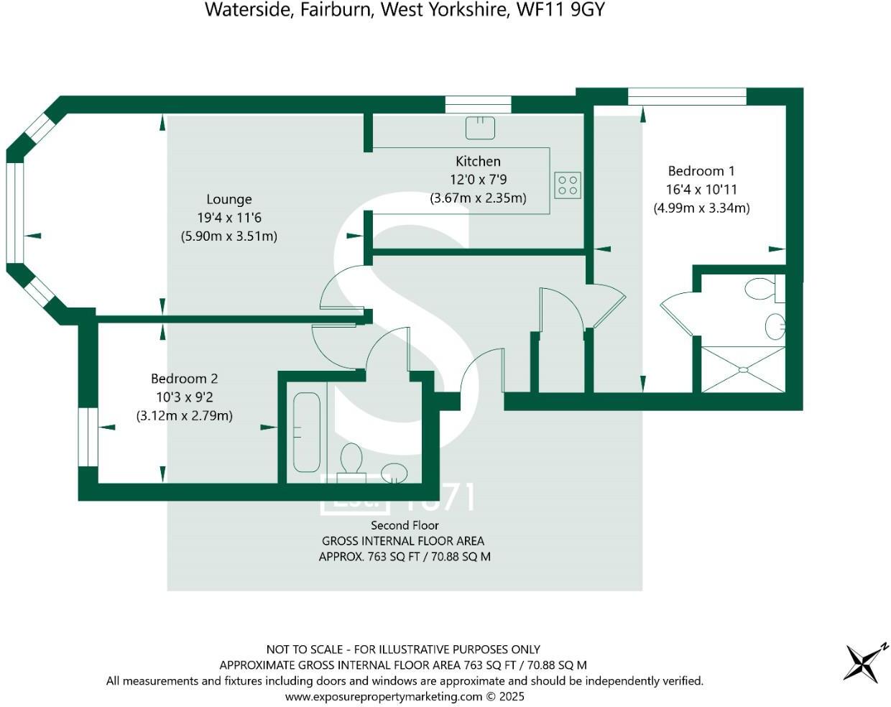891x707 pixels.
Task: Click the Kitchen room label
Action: pyautogui.click(x=478, y=162)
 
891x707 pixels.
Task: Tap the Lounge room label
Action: pyautogui.click(x=229, y=199)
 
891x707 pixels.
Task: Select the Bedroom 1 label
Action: pyautogui.click(x=701, y=171)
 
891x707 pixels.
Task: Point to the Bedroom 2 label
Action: pyautogui.click(x=184, y=379)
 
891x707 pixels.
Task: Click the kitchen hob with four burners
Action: pyautogui.click(x=568, y=185)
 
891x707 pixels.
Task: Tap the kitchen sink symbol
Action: pyautogui.click(x=480, y=128)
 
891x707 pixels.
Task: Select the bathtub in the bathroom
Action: pyautogui.click(x=307, y=432)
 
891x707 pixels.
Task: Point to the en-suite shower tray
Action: pyautogui.click(x=743, y=369)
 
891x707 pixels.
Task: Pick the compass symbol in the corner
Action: pyautogui.click(x=863, y=662)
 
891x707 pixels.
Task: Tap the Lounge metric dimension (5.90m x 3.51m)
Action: pyautogui.click(x=228, y=236)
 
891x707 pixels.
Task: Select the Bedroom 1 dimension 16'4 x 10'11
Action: pyautogui.click(x=701, y=190)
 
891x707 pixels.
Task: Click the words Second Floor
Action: pyautogui.click(x=405, y=525)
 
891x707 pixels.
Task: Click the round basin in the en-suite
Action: pyautogui.click(x=775, y=326)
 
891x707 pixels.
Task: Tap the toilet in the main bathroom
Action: pyautogui.click(x=351, y=458)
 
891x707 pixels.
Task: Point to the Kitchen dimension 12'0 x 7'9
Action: pyautogui.click(x=478, y=180)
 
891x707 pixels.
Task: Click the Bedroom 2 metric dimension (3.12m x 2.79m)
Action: pyautogui.click(x=184, y=415)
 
